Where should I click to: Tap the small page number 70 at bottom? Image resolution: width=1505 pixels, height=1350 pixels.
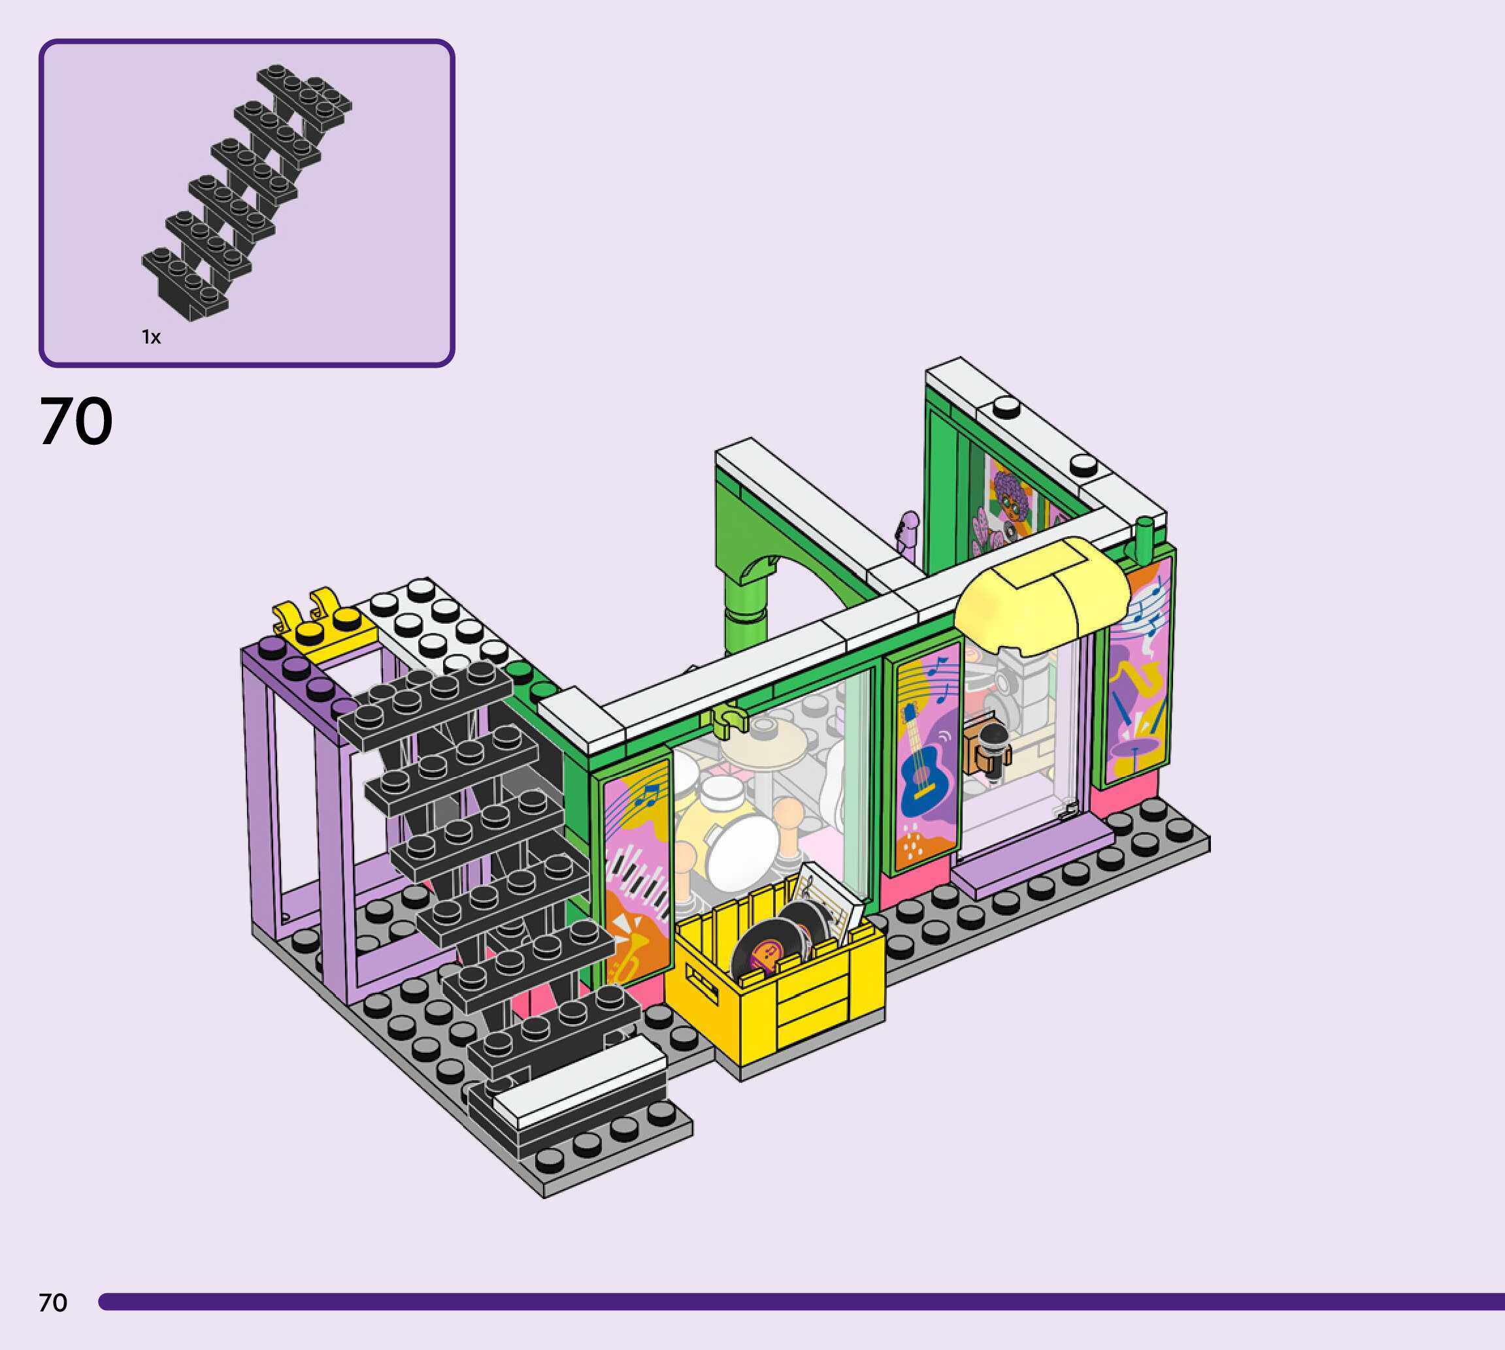click(x=53, y=1302)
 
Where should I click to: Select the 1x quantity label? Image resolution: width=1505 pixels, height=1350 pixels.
click(x=152, y=338)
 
